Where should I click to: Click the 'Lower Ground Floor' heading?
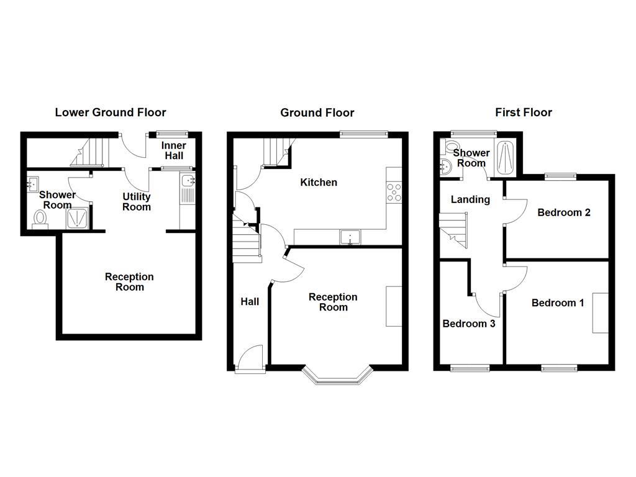(x=111, y=112)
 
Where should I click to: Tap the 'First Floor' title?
(x=523, y=112)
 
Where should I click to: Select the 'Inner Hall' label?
(x=174, y=151)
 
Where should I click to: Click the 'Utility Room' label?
(x=137, y=202)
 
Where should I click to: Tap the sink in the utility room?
(x=188, y=182)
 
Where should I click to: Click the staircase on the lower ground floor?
(x=91, y=153)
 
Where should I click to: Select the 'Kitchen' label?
(x=319, y=183)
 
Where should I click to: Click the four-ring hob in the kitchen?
(x=394, y=193)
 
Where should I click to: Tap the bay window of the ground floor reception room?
(x=338, y=376)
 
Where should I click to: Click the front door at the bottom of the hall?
(x=250, y=360)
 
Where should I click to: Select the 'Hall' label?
(x=250, y=302)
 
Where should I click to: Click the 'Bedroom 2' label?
(x=564, y=212)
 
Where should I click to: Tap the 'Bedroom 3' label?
(x=468, y=324)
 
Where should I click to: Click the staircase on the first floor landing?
(x=455, y=229)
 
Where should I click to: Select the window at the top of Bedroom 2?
(x=561, y=176)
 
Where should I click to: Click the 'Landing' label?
(x=470, y=200)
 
